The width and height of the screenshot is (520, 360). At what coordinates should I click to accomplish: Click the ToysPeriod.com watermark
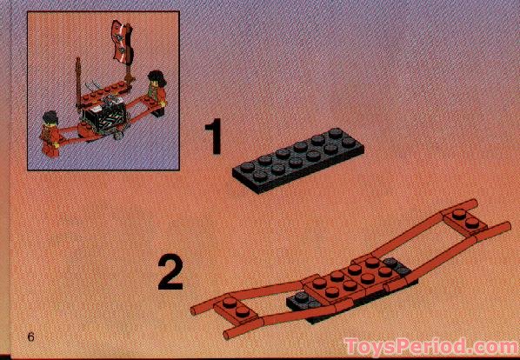point(430,346)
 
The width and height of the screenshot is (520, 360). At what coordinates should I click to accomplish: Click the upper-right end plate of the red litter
point(469,222)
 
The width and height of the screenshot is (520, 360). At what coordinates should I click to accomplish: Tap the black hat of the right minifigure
point(157,74)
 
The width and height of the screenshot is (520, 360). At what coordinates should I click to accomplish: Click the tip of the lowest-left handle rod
point(229,334)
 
